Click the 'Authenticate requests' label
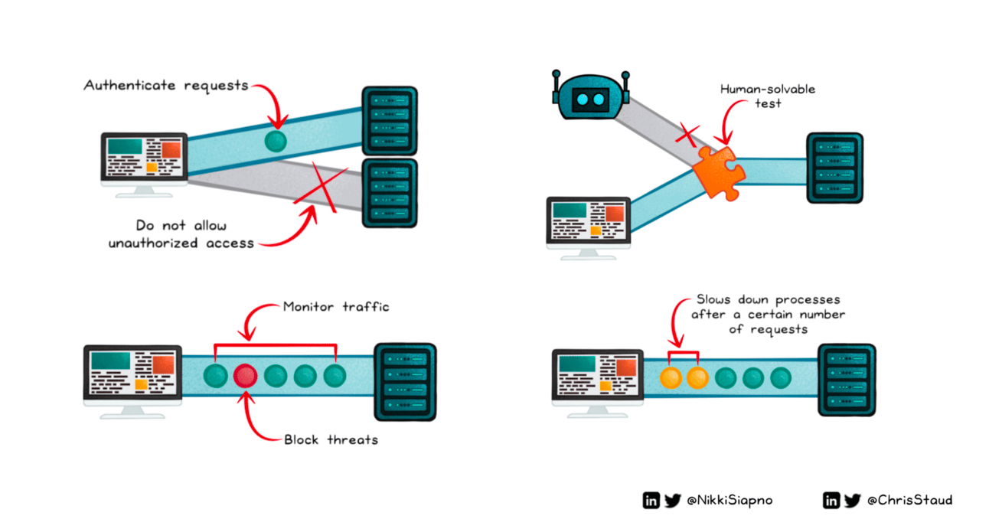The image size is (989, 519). [x=166, y=85]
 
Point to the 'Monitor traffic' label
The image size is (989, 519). [x=336, y=307]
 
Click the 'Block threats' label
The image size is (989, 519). [x=331, y=439]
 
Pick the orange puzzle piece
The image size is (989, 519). [x=717, y=171]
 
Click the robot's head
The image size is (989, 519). [x=589, y=98]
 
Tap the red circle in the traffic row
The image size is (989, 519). [x=245, y=375]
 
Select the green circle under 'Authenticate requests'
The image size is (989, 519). [x=276, y=140]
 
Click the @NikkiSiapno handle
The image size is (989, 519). [x=730, y=501]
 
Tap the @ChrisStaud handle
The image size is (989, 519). [x=909, y=501]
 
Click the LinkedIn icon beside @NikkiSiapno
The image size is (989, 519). [x=651, y=501]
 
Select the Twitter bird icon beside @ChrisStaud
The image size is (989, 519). [x=853, y=501]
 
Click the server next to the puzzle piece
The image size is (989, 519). [x=834, y=168]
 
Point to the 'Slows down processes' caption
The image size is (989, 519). [x=769, y=314]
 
